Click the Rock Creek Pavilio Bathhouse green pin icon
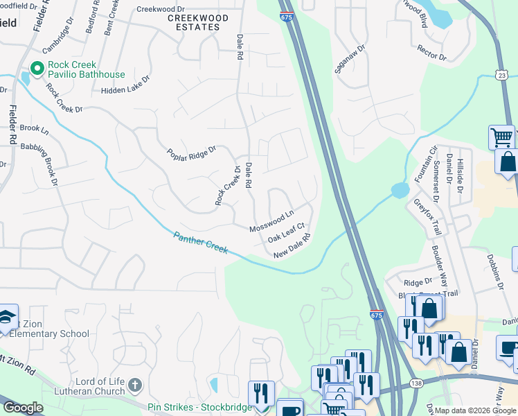tap(35, 69)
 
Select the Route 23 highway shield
tap(502, 74)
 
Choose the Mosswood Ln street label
tap(272, 223)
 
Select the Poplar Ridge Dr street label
tap(192, 152)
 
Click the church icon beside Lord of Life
tap(135, 384)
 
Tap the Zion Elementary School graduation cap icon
tap(6, 315)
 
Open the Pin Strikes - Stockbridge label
tap(200, 407)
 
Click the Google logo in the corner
tap(22, 408)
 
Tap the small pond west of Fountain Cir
tap(399, 190)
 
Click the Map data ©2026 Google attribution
tap(474, 410)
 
